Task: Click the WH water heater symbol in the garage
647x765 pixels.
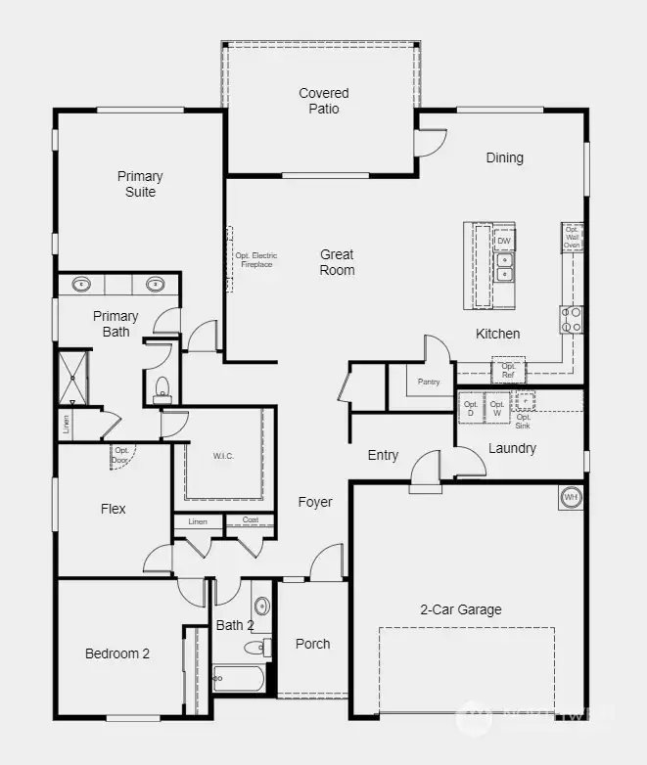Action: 571,498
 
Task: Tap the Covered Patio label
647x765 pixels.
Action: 324,101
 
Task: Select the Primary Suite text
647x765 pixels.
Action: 140,184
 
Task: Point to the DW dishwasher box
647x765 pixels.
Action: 504,241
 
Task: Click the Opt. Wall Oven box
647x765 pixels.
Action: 573,238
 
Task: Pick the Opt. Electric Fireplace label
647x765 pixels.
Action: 255,260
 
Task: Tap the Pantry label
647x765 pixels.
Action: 428,382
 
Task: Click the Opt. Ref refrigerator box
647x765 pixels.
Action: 508,370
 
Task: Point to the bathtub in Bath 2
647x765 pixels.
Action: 238,678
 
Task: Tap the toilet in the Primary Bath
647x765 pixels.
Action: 162,390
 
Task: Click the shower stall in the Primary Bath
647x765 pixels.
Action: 73,377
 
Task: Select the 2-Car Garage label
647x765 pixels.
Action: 460,609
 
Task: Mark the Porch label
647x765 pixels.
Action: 312,644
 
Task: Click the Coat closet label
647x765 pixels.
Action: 251,520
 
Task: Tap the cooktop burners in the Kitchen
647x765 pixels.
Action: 572,319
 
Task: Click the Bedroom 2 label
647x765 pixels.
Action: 116,653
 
